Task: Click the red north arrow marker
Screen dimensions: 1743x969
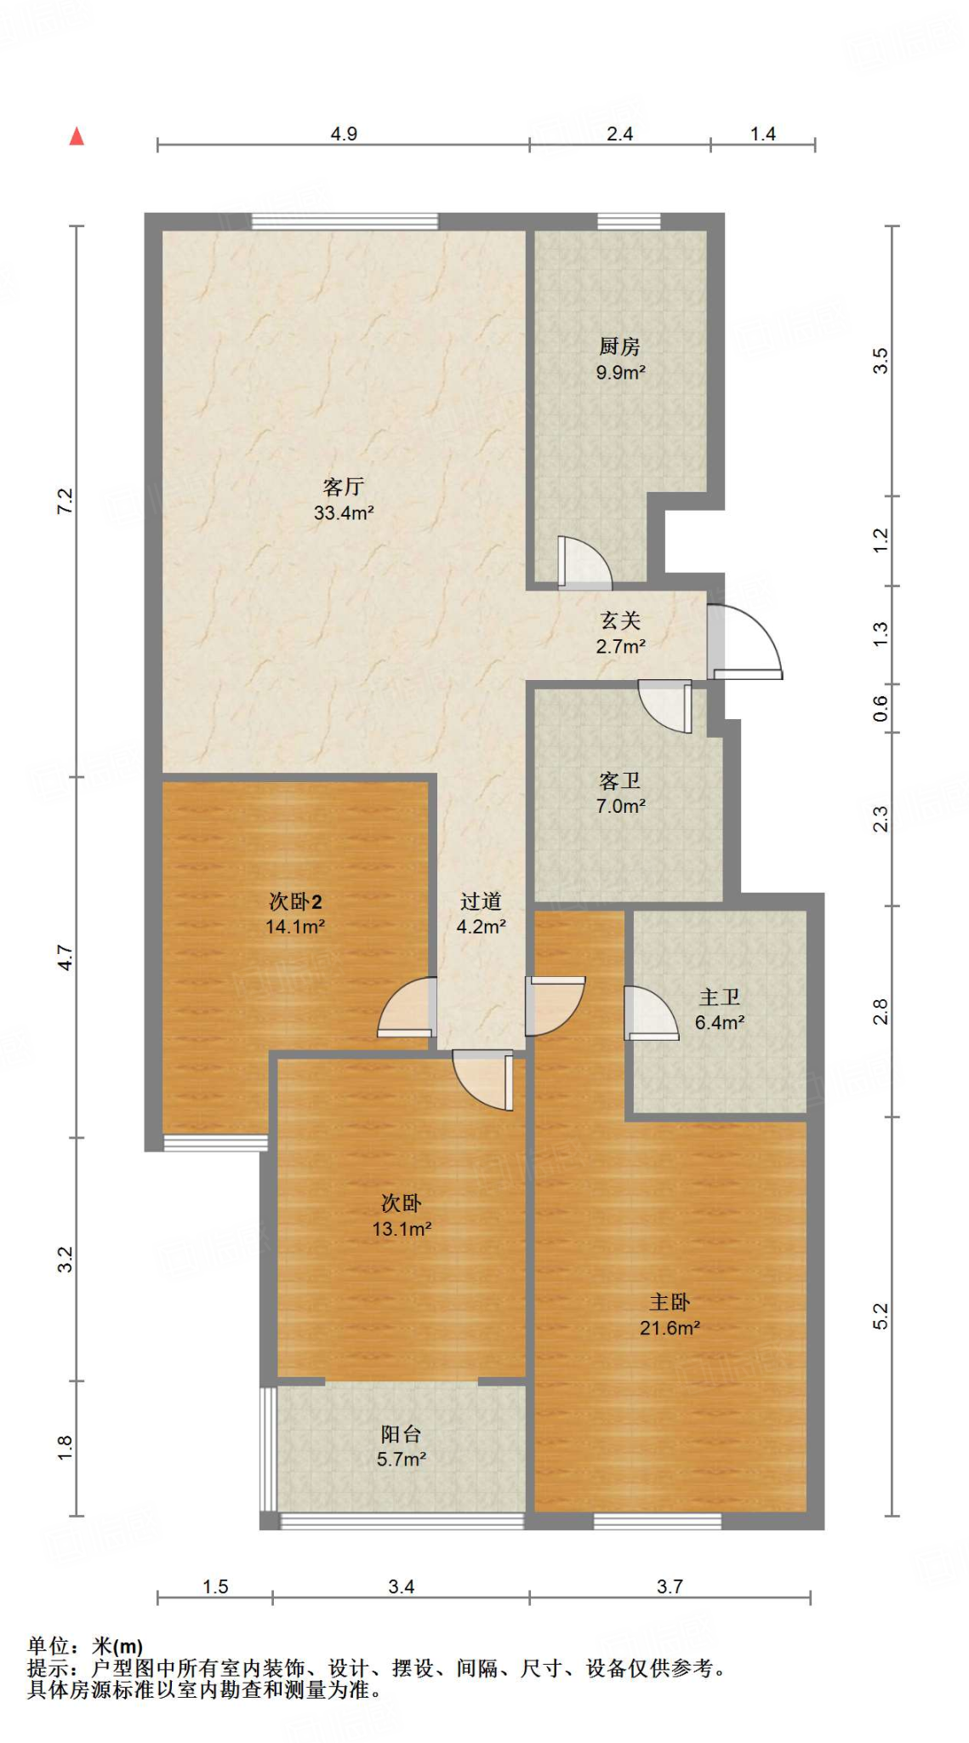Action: [x=77, y=136]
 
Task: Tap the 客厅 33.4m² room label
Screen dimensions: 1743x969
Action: [x=344, y=500]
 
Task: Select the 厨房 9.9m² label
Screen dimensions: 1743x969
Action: [x=620, y=359]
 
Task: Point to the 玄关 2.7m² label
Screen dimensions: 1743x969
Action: [x=620, y=633]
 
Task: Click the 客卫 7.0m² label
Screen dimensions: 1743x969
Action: [x=620, y=793]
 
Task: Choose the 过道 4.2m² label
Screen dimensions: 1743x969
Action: [x=481, y=914]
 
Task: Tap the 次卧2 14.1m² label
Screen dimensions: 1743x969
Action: [x=295, y=914]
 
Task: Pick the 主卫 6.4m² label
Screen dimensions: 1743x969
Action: [x=720, y=1009]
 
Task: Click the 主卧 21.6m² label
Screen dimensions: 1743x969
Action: [x=670, y=1314]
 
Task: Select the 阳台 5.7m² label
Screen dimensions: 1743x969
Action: [x=401, y=1446]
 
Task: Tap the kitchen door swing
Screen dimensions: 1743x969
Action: [x=584, y=563]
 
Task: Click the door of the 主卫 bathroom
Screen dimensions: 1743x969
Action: [x=650, y=1013]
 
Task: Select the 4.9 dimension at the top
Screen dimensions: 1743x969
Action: [x=344, y=134]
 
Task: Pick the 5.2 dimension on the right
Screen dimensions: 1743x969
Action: [x=881, y=1316]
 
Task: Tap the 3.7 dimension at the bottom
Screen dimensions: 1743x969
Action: [x=670, y=1586]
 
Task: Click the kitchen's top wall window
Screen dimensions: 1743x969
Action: [x=629, y=222]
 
